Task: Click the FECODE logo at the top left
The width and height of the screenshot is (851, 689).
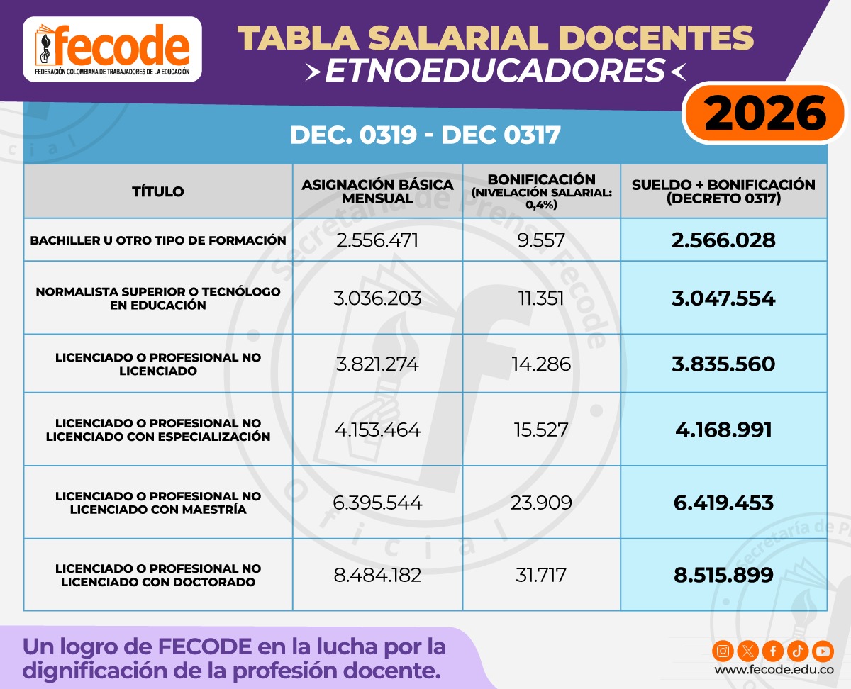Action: point(112,50)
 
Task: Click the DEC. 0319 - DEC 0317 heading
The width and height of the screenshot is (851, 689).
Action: point(425,135)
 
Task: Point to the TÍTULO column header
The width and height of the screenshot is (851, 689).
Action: point(158,191)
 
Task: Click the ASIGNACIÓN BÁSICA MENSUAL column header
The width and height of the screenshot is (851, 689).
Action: point(377,191)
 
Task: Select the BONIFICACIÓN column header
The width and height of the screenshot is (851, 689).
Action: point(542,191)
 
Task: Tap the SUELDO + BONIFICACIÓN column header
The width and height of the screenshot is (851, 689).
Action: point(723,191)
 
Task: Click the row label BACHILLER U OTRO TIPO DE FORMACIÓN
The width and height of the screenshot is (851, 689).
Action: point(158,240)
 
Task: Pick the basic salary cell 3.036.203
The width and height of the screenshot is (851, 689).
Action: point(377,298)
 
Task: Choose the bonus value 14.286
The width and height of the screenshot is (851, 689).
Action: point(541,364)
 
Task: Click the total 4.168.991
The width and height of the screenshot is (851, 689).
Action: point(723,430)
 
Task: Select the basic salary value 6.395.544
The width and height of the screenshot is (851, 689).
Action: point(377,503)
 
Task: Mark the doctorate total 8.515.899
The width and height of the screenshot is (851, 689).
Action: point(723,575)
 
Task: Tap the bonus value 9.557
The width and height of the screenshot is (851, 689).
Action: point(541,240)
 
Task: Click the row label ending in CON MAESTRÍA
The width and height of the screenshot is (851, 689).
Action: point(158,503)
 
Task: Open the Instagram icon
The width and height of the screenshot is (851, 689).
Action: point(723,650)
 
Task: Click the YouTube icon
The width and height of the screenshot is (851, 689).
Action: point(823,650)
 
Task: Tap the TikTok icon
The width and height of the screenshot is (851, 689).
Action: point(798,650)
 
